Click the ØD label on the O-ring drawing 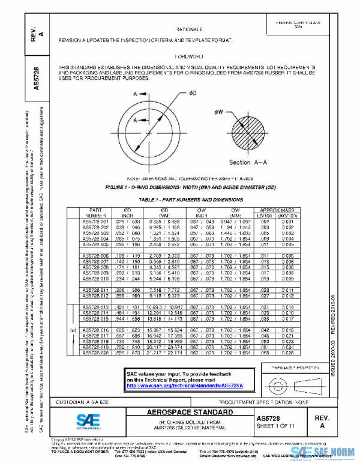pyautogui.click(x=193, y=94)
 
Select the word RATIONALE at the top pyautogui.click(x=190, y=29)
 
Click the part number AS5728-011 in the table pyautogui.click(x=95, y=289)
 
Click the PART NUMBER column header pyautogui.click(x=95, y=213)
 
